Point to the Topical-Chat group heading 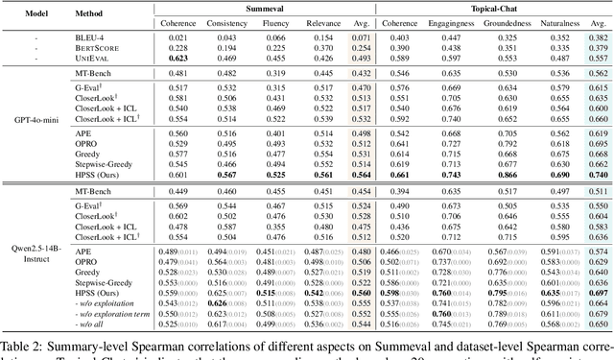(492, 7)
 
